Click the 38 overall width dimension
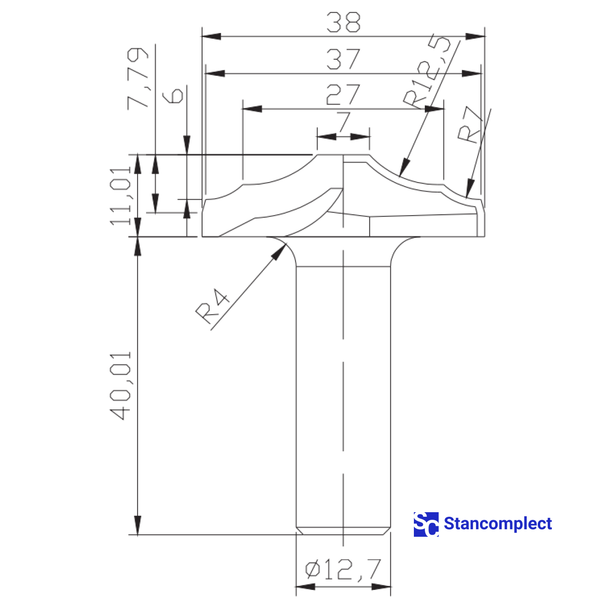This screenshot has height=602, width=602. coord(343,23)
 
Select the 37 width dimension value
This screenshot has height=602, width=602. coord(343,59)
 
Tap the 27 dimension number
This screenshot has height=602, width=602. coord(343,94)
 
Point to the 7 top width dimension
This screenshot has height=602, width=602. coord(343,122)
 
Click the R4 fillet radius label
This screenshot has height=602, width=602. coord(213,306)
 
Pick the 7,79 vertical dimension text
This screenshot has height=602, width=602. coord(138,78)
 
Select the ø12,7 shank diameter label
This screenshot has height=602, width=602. coord(343,569)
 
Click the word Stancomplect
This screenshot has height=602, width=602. coord(498,524)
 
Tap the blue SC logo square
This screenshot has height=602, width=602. coord(426,524)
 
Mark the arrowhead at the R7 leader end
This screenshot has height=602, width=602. coord(467,196)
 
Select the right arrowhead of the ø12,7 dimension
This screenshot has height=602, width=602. coord(388,586)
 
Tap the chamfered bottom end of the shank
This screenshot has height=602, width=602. coord(343,531)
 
